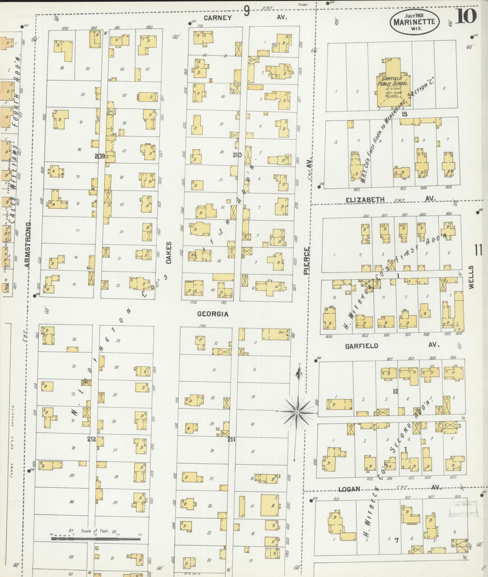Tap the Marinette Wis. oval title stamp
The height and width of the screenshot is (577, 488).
tap(414, 22)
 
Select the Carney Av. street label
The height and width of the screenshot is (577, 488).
tap(218, 18)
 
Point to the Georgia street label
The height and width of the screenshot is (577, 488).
tap(213, 314)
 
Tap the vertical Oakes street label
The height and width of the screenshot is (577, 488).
tap(169, 253)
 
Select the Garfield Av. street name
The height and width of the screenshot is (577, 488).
tap(362, 346)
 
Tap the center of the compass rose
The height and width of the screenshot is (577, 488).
tap(297, 412)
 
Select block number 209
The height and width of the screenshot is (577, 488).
tap(100, 156)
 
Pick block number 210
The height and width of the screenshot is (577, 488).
tap(237, 155)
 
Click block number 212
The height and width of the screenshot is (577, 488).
tap(91, 439)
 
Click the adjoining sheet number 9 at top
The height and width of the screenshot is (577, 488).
tap(247, 12)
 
